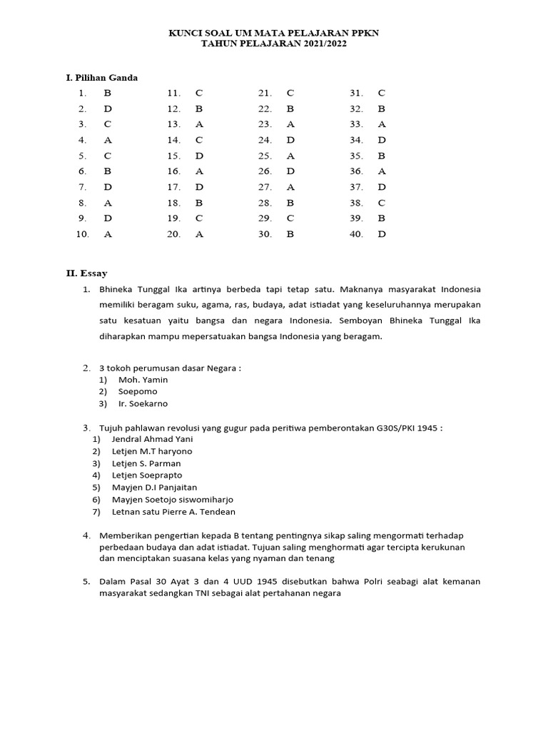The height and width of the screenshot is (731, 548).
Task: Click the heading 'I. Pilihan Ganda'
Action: click(101, 77)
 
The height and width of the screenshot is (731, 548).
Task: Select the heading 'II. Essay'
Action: click(86, 273)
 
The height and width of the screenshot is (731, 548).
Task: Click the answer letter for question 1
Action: click(108, 93)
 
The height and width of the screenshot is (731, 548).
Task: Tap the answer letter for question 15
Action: click(199, 156)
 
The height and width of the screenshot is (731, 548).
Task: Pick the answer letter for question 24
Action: click(290, 140)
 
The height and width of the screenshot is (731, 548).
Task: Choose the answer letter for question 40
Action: click(382, 234)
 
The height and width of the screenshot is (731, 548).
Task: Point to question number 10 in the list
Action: click(82, 234)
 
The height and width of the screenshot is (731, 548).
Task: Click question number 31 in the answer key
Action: click(356, 93)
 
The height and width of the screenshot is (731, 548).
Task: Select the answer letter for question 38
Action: click(382, 203)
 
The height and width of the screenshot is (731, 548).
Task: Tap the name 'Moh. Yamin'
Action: click(143, 380)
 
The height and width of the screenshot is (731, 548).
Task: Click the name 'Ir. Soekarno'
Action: click(143, 403)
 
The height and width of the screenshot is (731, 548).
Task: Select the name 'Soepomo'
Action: click(138, 391)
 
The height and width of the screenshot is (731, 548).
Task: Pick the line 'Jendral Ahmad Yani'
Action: click(152, 439)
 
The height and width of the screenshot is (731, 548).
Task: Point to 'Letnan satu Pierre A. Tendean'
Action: click(173, 511)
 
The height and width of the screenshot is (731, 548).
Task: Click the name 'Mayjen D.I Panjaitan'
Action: click(154, 487)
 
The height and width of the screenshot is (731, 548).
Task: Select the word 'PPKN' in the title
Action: click(362, 33)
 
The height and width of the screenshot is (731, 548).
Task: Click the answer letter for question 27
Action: click(290, 187)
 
